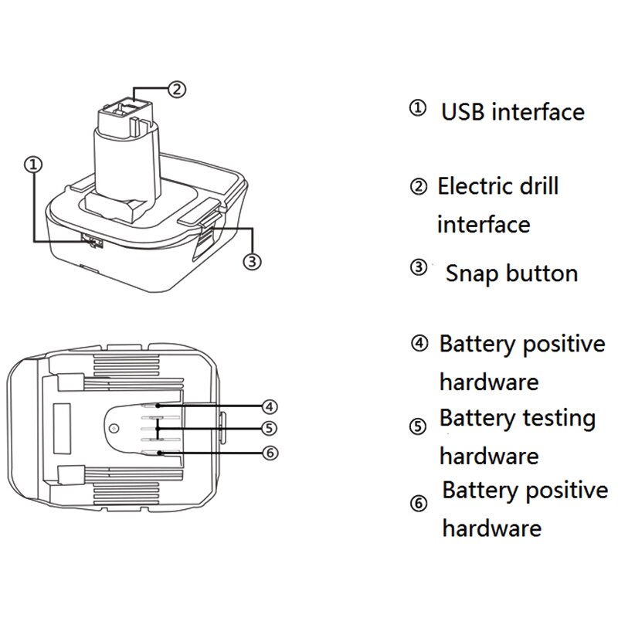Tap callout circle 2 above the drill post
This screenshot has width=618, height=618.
click(x=176, y=90)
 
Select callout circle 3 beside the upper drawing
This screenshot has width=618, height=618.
click(x=252, y=261)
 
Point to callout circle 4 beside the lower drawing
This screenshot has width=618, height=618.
click(x=269, y=406)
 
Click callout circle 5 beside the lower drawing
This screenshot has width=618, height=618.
click(x=269, y=428)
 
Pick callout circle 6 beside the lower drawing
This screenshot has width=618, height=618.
click(x=269, y=453)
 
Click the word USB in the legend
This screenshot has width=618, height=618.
click(x=463, y=112)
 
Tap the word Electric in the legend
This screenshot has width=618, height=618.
click(x=474, y=186)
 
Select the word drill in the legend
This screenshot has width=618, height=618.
click(x=537, y=186)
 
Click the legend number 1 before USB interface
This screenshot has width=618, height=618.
click(x=417, y=109)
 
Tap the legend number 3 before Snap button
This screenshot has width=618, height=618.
click(x=417, y=268)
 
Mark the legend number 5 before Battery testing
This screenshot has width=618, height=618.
click(x=417, y=426)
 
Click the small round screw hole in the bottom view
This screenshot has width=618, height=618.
click(x=114, y=428)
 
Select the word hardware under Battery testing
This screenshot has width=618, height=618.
click(x=488, y=456)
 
